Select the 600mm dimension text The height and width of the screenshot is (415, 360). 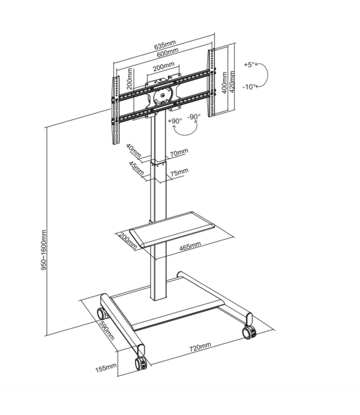[x=167, y=53]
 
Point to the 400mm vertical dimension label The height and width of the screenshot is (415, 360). [x=224, y=84]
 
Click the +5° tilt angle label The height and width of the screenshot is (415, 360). [x=249, y=65]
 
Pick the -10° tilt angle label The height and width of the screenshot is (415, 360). [x=250, y=86]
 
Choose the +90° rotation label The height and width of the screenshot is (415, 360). [x=176, y=120]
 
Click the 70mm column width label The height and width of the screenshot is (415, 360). [x=179, y=151]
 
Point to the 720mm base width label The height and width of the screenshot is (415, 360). [x=200, y=347]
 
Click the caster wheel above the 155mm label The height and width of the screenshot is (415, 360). [x=140, y=363]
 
